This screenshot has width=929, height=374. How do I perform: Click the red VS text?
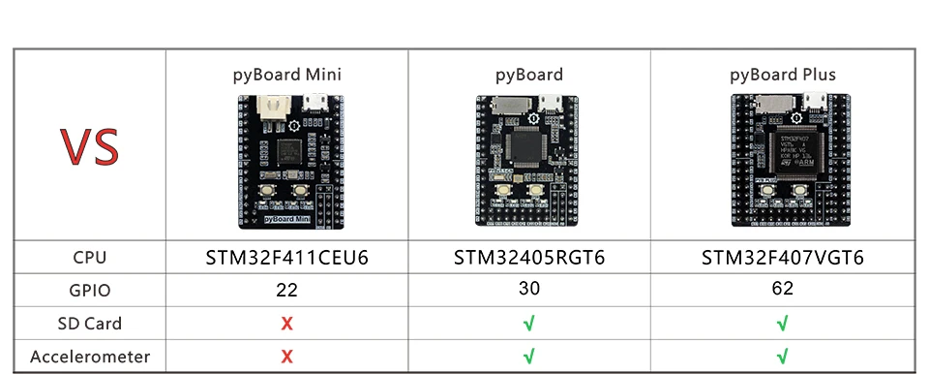point(90,146)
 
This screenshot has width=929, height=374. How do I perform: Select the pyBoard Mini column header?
point(286,74)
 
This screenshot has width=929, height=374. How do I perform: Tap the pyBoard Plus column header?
point(782,74)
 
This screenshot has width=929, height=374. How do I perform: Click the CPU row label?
point(90,258)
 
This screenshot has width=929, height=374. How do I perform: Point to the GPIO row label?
point(90,290)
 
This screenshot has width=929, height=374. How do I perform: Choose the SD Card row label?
point(90,323)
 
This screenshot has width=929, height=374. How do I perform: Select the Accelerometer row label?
point(90,356)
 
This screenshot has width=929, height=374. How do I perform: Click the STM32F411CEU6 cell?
point(287,258)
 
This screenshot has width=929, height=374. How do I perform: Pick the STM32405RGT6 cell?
point(529,258)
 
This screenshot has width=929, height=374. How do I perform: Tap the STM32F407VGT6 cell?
point(782,258)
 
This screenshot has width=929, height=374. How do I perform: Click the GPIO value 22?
point(286,290)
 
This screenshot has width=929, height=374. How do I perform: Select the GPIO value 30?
point(528,289)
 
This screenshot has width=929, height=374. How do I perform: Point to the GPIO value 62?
point(782,289)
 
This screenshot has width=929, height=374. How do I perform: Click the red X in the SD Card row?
point(286,324)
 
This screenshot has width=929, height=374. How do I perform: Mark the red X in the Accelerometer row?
point(286,357)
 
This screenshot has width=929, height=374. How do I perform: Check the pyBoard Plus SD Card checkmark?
point(782,324)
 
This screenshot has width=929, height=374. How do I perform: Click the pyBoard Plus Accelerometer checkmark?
point(782,357)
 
